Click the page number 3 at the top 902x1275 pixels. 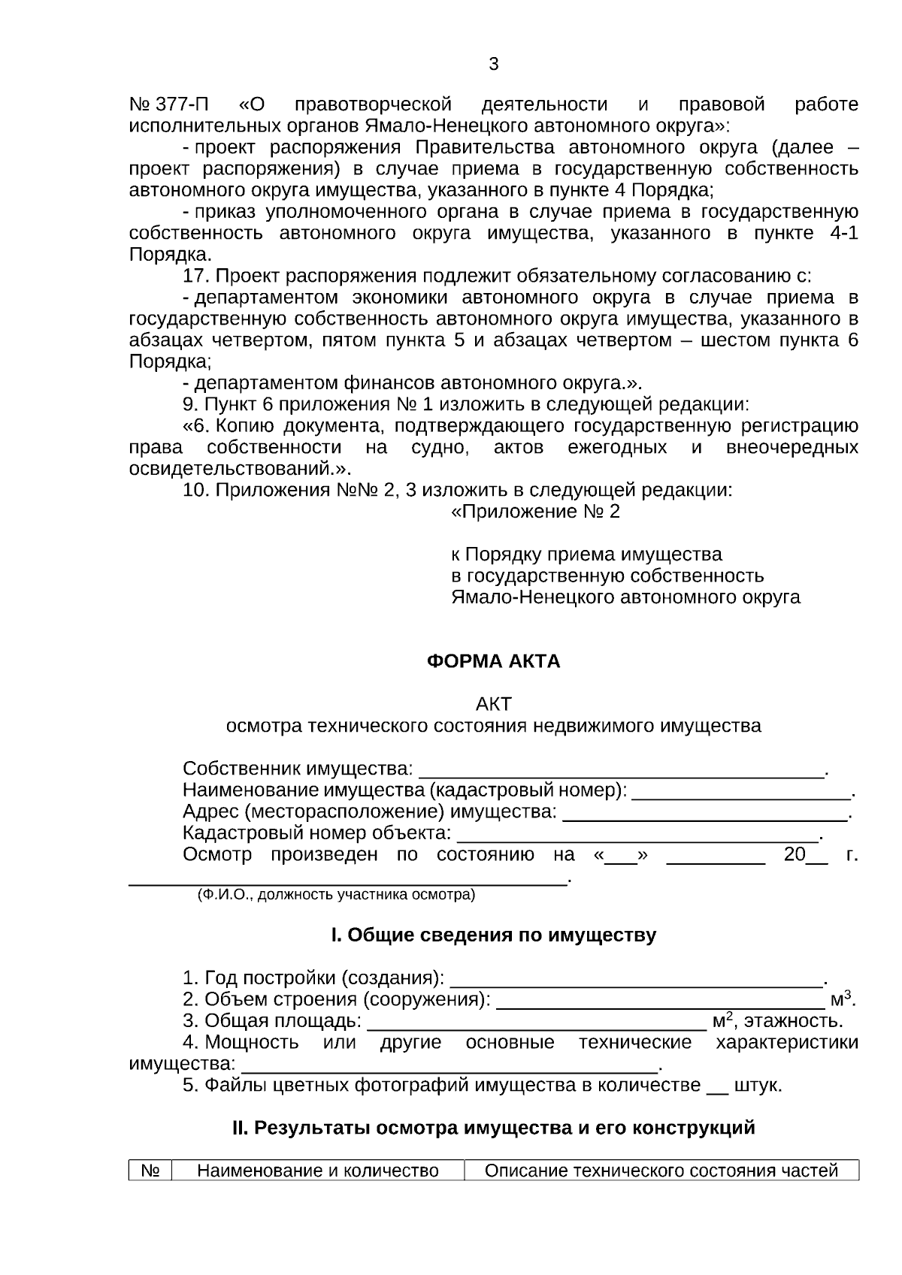coord(493,64)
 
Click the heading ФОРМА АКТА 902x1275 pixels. coord(493,661)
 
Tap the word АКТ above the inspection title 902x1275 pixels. coord(493,704)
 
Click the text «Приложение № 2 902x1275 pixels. coord(535,512)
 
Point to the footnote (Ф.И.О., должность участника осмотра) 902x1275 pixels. coord(336,894)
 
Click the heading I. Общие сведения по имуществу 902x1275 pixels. coord(493,935)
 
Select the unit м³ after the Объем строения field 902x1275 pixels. coord(840,999)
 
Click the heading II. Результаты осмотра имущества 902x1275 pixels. coord(493,1128)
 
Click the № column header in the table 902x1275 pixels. coord(150,1171)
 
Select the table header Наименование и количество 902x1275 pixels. coord(317,1171)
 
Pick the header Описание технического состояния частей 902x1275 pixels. coord(661,1171)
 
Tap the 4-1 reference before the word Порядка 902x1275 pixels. coord(843,233)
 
